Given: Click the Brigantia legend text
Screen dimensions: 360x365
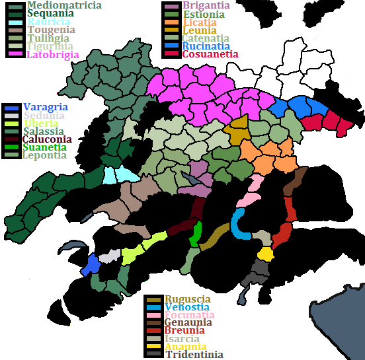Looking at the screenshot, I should (206, 6).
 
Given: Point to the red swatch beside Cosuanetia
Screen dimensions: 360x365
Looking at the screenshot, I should (172, 54).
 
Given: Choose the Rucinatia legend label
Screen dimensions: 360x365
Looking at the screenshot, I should (206, 46).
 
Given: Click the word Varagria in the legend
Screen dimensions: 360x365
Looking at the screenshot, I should (45, 107).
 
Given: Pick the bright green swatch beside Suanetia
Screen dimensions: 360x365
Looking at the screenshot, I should (11, 147).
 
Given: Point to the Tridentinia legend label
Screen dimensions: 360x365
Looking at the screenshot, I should (194, 355).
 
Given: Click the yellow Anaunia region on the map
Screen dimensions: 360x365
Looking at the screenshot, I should (265, 254).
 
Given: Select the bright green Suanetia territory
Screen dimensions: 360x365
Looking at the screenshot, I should (196, 234).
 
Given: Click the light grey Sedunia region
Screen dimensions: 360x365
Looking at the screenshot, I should (110, 256).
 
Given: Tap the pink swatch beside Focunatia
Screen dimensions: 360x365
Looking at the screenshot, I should (153, 315).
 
